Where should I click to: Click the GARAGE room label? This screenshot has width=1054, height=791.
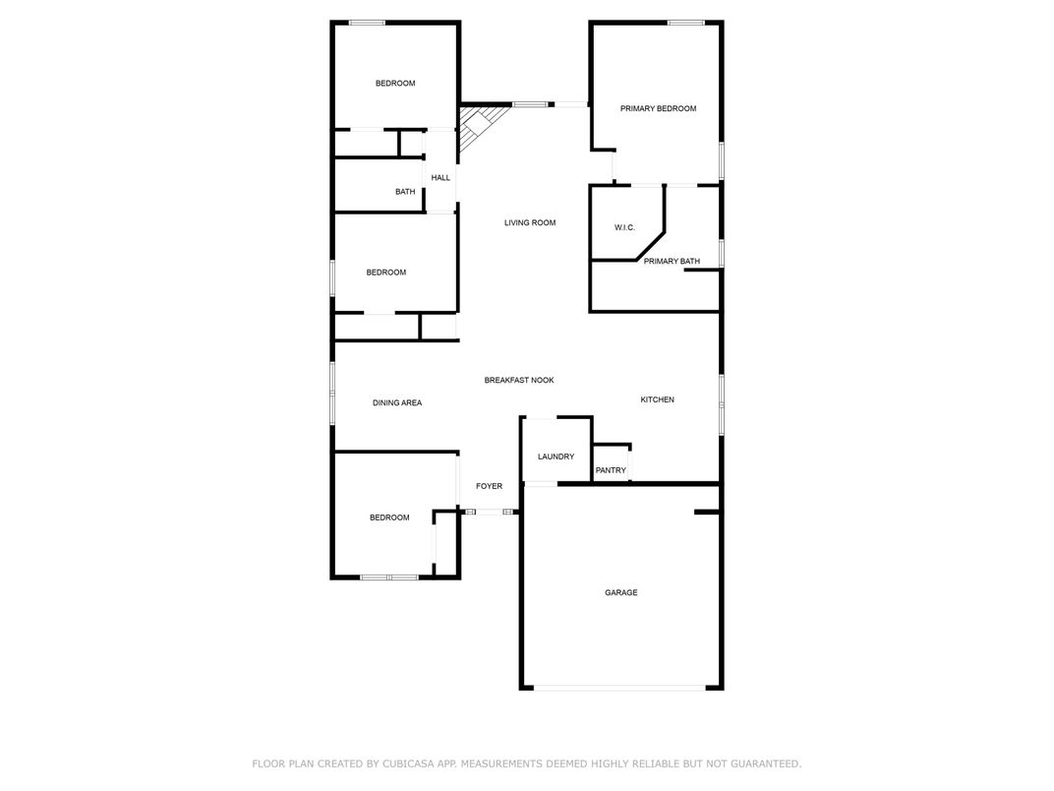click(620, 592)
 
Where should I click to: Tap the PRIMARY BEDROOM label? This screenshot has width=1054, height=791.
click(658, 108)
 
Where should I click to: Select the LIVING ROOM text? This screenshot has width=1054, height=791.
click(530, 222)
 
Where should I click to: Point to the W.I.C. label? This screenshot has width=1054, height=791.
click(624, 227)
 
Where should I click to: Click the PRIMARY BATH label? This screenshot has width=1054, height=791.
click(672, 261)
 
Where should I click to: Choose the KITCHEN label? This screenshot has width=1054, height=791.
click(657, 399)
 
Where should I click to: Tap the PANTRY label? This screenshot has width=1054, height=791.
click(611, 470)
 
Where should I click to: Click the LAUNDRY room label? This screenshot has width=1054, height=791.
click(556, 456)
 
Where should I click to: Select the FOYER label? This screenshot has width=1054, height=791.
click(489, 486)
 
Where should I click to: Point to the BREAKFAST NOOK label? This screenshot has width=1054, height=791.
click(519, 380)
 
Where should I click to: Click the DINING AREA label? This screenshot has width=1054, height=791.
click(397, 403)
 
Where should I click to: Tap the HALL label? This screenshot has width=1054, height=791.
click(440, 177)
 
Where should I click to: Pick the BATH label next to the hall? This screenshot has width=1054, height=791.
click(405, 192)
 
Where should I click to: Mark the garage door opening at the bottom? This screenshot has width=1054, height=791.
click(619, 688)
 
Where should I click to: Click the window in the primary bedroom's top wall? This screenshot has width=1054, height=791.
click(685, 23)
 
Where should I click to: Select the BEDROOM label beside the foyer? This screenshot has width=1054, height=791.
click(389, 517)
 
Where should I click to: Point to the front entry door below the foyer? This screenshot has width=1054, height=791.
click(490, 513)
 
